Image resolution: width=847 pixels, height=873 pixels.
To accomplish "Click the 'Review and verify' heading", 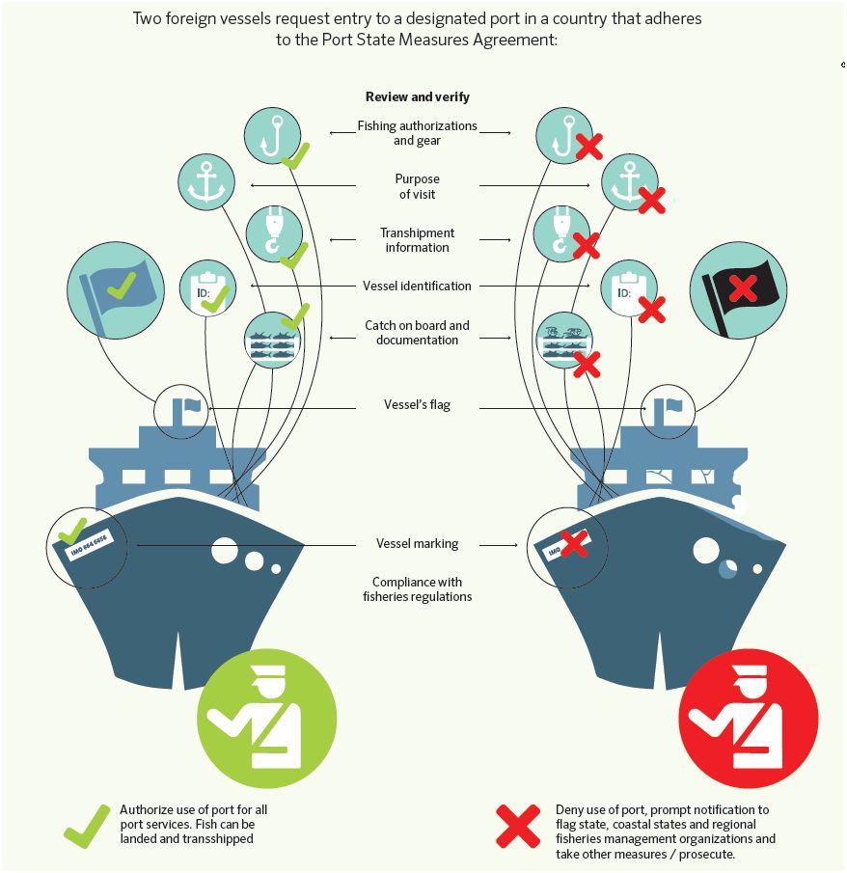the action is pyautogui.click(x=417, y=96).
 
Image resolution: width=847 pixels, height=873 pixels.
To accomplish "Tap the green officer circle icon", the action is pyautogui.click(x=267, y=719).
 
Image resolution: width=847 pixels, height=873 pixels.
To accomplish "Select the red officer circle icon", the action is pyautogui.click(x=749, y=719).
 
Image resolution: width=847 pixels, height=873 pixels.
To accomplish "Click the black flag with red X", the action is pyautogui.click(x=738, y=290).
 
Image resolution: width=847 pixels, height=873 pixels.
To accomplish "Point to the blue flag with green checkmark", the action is pyautogui.click(x=116, y=290).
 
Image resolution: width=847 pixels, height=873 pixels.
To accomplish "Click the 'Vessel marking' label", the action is pyautogui.click(x=417, y=543).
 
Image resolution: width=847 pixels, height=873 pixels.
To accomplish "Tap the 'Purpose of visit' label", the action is pyautogui.click(x=417, y=186).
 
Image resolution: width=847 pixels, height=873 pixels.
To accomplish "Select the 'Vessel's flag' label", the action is pyautogui.click(x=417, y=405).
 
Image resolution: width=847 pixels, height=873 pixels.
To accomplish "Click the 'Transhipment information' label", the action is pyautogui.click(x=417, y=240).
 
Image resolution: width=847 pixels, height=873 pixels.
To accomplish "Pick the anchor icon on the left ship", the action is pyautogui.click(x=206, y=182).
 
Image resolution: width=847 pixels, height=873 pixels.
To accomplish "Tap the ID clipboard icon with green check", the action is pyautogui.click(x=207, y=287).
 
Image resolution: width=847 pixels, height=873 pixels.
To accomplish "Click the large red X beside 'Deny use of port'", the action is pyautogui.click(x=518, y=826).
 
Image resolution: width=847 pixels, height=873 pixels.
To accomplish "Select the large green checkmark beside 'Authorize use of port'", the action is pyautogui.click(x=88, y=827).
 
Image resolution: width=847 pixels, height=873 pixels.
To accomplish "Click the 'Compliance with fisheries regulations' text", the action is pyautogui.click(x=417, y=589).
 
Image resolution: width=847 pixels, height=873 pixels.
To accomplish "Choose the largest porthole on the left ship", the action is pyautogui.click(x=225, y=551).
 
